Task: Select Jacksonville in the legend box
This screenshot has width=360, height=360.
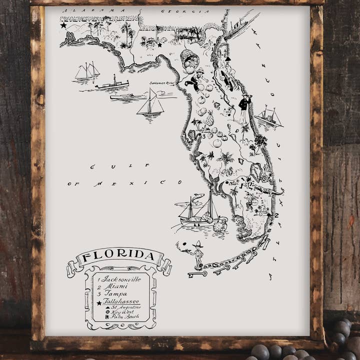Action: (122, 278)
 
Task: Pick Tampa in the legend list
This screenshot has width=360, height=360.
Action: (115, 294)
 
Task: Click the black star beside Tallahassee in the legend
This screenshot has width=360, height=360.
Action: (99, 302)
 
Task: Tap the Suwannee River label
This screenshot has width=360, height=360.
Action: (160, 83)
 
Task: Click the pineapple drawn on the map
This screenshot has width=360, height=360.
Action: (209, 119)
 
